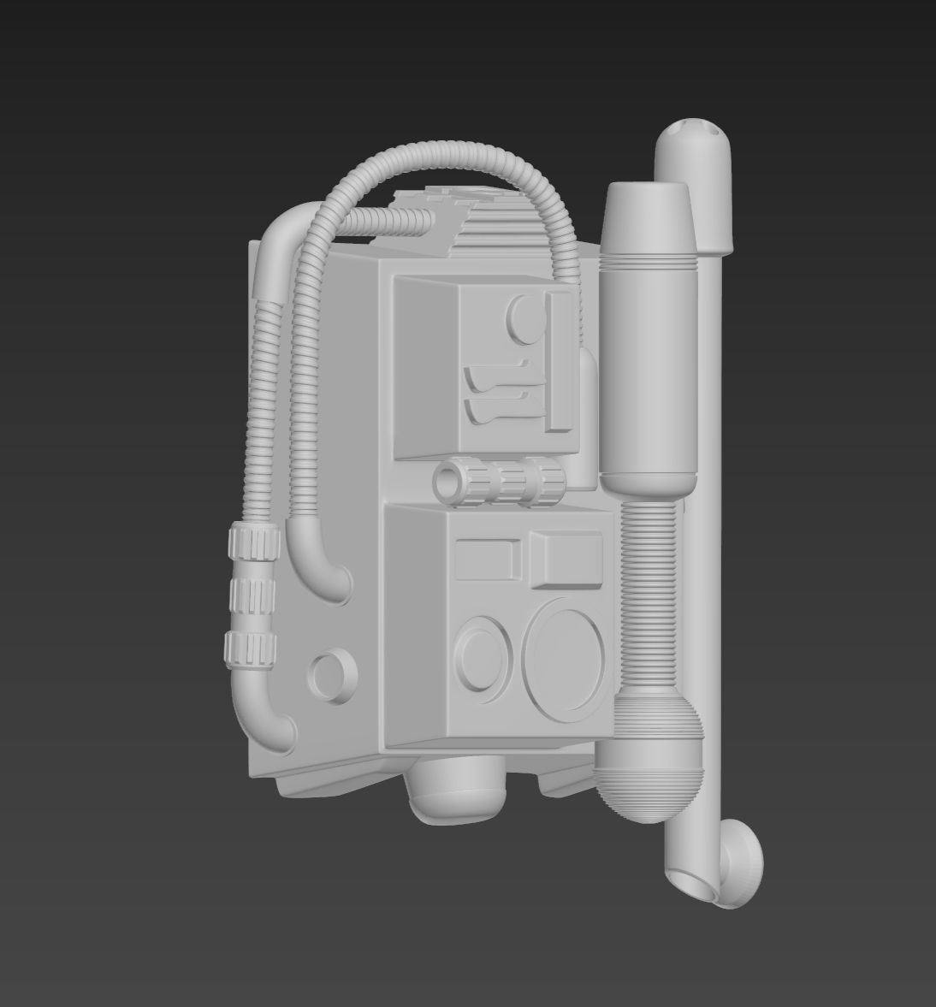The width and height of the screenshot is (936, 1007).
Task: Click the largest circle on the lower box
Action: (563, 655)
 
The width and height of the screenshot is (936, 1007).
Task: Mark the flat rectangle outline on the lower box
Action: (486, 560)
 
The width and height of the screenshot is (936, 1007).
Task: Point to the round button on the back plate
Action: (331, 674)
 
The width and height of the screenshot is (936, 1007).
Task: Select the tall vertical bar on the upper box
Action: (560, 359)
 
